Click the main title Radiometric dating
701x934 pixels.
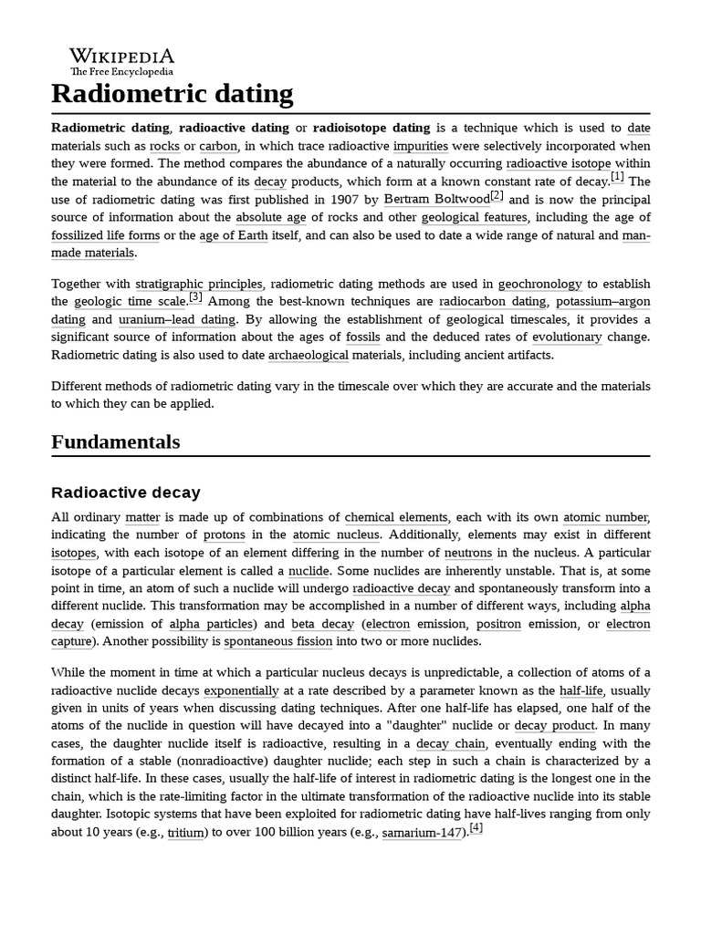(x=173, y=94)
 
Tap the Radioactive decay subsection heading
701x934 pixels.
(x=126, y=493)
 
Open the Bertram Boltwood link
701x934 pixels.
(x=436, y=199)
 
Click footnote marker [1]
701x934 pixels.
(x=617, y=177)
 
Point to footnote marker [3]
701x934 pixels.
(x=195, y=296)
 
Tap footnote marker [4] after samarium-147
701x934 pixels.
(x=475, y=828)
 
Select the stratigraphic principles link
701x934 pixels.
(x=199, y=284)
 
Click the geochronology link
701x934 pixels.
(x=539, y=284)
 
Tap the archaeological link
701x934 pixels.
(x=309, y=355)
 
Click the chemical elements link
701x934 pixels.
(x=396, y=517)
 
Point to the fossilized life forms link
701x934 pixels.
(x=105, y=234)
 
